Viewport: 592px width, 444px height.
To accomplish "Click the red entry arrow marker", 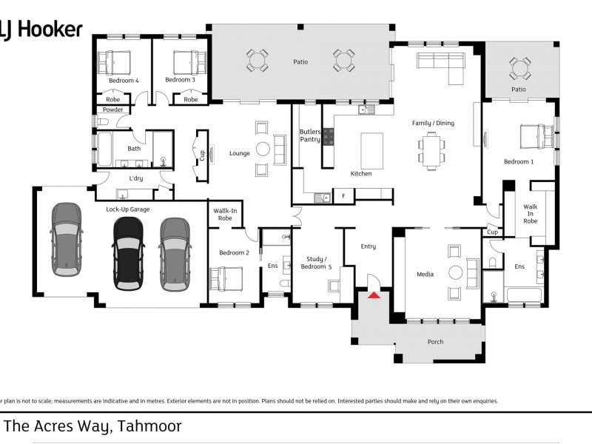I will [x=374, y=295].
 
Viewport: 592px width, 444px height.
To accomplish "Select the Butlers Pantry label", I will [x=310, y=135].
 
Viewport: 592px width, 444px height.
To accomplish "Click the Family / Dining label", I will [x=433, y=123].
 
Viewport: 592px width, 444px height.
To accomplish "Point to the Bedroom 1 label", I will [x=518, y=161].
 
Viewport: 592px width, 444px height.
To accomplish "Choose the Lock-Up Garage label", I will [x=127, y=209].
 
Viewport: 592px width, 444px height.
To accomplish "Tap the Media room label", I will [x=425, y=274].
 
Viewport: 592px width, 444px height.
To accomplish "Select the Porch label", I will [x=436, y=341].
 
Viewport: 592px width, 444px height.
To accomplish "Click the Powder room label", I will [x=113, y=110].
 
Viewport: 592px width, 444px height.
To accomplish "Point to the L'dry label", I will [x=135, y=178].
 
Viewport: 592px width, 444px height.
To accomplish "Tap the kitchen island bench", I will [x=373, y=150].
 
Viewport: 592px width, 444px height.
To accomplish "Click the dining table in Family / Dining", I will [x=434, y=150].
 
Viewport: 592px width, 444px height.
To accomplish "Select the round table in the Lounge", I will [x=263, y=149].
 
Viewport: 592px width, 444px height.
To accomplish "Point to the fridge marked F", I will [x=343, y=197].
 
